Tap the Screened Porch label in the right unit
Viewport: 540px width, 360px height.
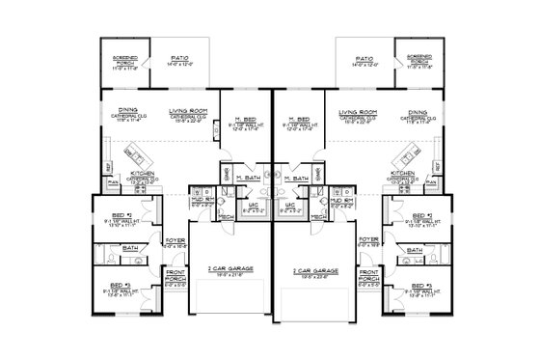pyautogui.click(x=418, y=57)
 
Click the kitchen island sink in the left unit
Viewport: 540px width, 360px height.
pyautogui.click(x=133, y=151)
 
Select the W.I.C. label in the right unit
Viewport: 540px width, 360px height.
pyautogui.click(x=291, y=205)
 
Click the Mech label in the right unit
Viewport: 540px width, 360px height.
pyautogui.click(x=312, y=218)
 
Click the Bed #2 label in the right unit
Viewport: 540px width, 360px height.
pyautogui.click(x=420, y=214)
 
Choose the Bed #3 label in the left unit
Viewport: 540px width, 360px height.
pyautogui.click(x=121, y=286)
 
